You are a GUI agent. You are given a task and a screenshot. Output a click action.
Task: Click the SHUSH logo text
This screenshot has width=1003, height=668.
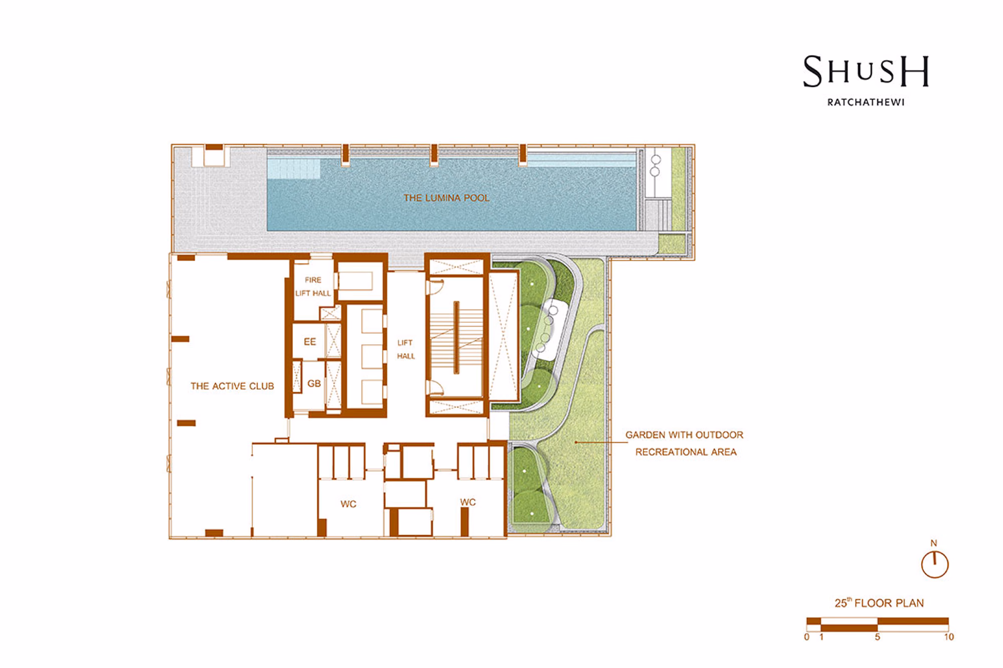pyautogui.click(x=866, y=71)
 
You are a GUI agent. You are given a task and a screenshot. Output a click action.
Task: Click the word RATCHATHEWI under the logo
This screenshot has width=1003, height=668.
pyautogui.click(x=866, y=102)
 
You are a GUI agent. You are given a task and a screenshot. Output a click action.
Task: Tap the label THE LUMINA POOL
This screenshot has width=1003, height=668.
pyautogui.click(x=446, y=198)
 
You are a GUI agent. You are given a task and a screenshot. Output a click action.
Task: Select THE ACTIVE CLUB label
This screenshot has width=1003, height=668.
pyautogui.click(x=232, y=386)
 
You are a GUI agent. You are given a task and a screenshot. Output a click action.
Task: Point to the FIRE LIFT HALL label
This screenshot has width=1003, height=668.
pyautogui.click(x=313, y=287)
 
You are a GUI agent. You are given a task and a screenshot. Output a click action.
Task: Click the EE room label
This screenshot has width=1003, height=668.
pyautogui.click(x=310, y=342)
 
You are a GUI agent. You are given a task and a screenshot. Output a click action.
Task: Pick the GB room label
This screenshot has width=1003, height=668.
pyautogui.click(x=314, y=383)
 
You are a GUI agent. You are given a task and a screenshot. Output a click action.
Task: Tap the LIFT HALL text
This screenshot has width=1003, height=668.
pyautogui.click(x=406, y=349)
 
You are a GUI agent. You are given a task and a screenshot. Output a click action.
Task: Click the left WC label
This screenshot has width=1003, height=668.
pyautogui.click(x=348, y=504)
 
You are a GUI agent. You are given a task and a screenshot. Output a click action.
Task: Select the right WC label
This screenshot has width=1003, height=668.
pyautogui.click(x=467, y=502)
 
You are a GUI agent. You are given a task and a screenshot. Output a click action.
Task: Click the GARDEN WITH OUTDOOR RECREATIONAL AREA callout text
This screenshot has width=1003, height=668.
pyautogui.click(x=685, y=443)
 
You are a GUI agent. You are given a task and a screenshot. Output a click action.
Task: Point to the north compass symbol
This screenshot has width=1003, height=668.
pyautogui.click(x=935, y=565)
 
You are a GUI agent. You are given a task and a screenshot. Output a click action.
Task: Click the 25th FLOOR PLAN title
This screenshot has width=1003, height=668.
pyautogui.click(x=879, y=603)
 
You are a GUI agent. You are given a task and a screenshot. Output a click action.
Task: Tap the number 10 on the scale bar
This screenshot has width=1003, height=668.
pyautogui.click(x=949, y=637)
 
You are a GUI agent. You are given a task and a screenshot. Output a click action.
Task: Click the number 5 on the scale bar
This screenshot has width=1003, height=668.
pyautogui.click(x=878, y=637)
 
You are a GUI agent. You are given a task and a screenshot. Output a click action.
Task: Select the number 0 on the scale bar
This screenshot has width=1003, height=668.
pyautogui.click(x=806, y=637)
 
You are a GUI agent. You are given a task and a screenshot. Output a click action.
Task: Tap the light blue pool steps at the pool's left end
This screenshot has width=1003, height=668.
pyautogui.click(x=294, y=169)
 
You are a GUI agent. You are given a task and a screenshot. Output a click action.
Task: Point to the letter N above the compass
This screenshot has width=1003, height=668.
pyautogui.click(x=934, y=543)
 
